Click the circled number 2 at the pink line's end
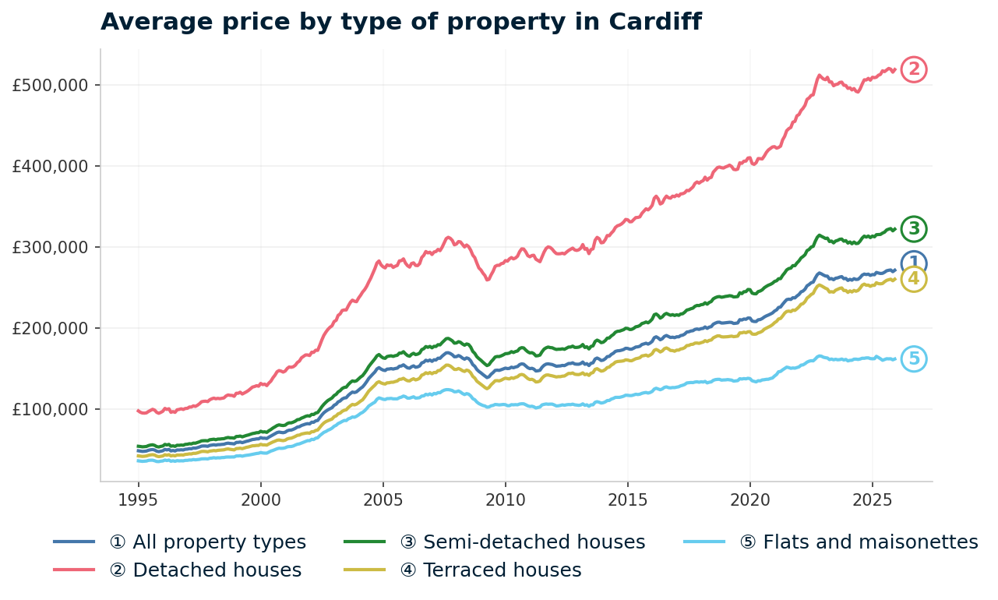[x=914, y=69]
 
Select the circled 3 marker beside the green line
[x=914, y=229]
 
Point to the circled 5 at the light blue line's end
[x=914, y=359]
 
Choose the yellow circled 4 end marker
[x=914, y=279]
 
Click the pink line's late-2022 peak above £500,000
[x=820, y=76]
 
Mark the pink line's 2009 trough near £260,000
[x=488, y=280]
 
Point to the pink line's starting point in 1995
[x=138, y=410]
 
